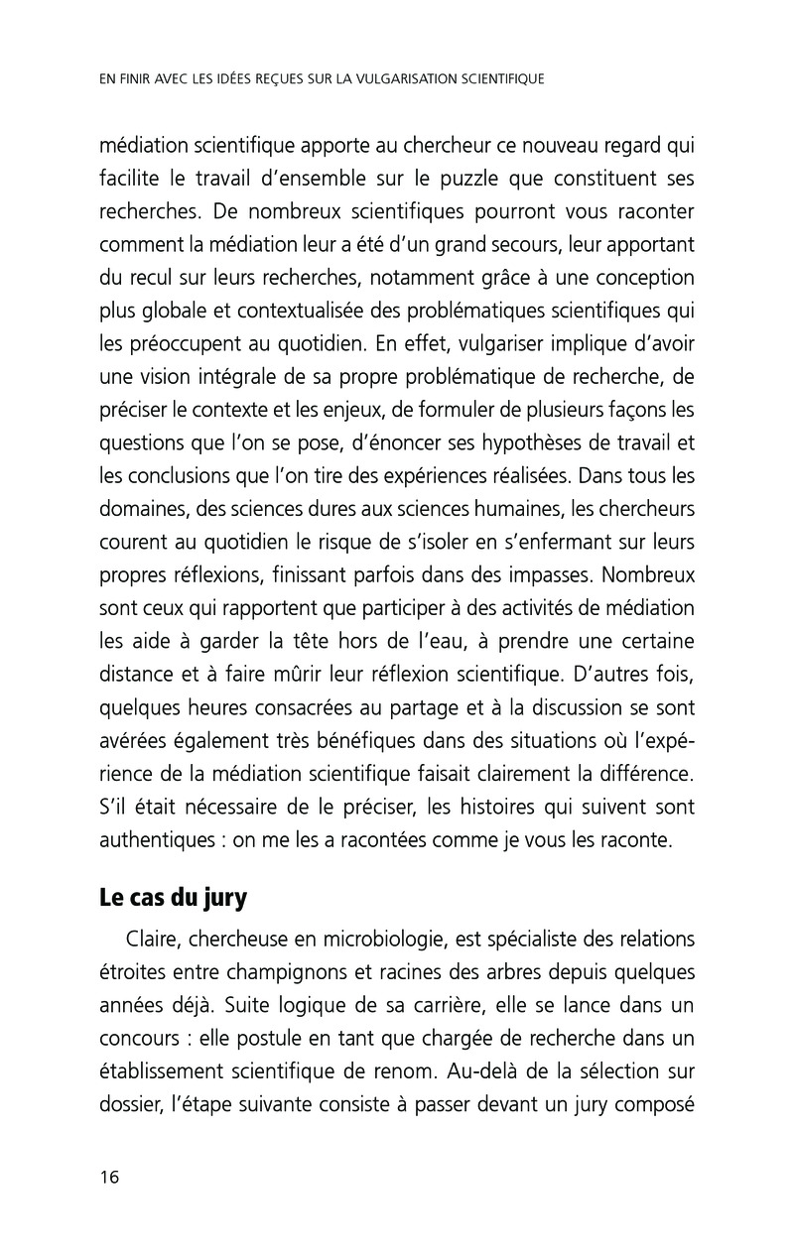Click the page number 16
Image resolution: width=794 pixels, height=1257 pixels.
(109, 1178)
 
